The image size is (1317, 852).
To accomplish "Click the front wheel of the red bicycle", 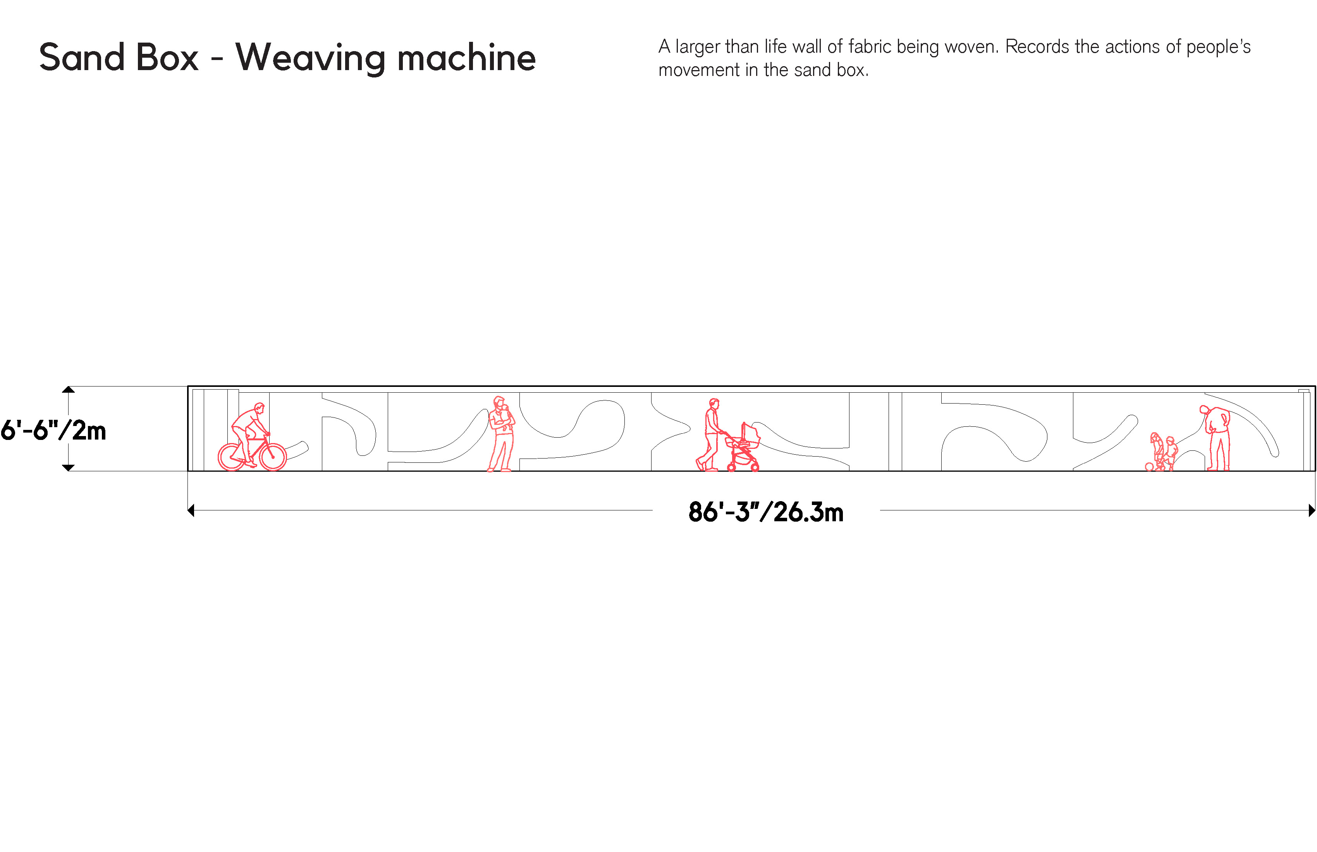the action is (x=273, y=457).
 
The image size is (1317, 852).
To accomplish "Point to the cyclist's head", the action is (x=260, y=408).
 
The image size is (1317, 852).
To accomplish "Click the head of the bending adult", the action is (x=1204, y=410).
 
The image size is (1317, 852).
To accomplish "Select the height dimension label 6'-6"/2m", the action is (x=53, y=430).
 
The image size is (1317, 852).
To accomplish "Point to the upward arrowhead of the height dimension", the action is (x=68, y=390).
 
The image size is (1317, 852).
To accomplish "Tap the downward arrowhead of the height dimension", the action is (x=68, y=468).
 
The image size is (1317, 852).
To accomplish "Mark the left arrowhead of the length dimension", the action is (x=191, y=510).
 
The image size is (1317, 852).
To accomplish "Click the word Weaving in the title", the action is (x=310, y=58).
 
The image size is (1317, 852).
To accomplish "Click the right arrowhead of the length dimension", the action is (x=1312, y=510).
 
